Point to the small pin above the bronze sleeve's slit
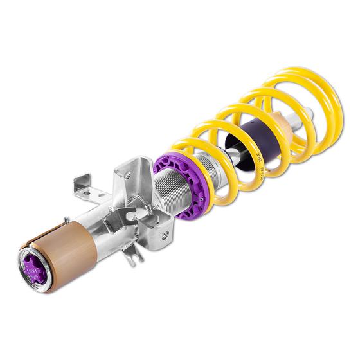point(66,221)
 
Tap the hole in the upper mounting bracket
point(127,174)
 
